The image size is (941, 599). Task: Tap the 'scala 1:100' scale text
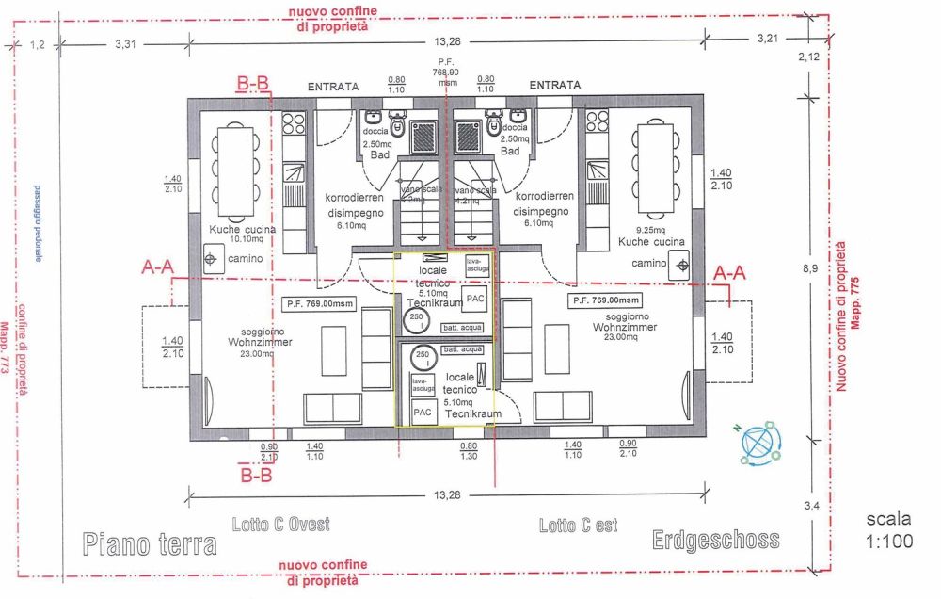[888, 530]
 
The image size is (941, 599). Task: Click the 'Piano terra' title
[150, 543]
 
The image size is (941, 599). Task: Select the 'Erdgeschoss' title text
[715, 540]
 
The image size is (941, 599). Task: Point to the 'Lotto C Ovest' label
[280, 525]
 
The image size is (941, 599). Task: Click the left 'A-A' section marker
[157, 267]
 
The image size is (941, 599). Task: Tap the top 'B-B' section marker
[253, 85]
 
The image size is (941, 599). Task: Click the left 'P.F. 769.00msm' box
[319, 304]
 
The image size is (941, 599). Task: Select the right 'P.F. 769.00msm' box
[605, 300]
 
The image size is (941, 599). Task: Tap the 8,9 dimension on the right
[809, 268]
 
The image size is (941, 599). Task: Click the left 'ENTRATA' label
[333, 86]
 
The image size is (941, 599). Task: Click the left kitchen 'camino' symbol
[211, 257]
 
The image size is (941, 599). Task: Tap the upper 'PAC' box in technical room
[476, 298]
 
